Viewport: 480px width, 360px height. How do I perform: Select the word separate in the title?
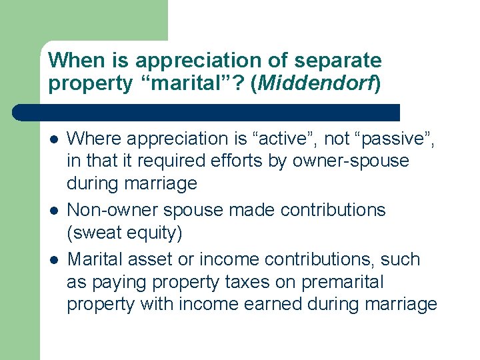339,61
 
